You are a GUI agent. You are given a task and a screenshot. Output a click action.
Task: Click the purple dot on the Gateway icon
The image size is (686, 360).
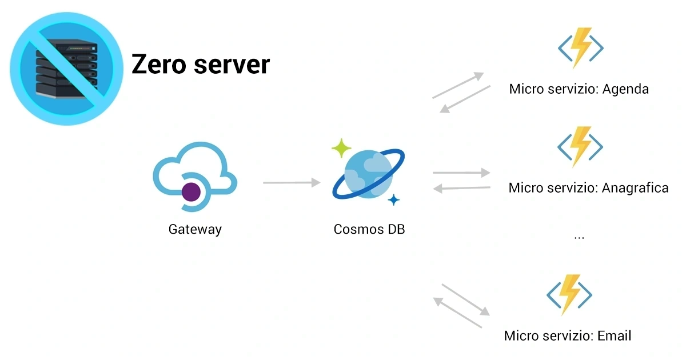(191, 192)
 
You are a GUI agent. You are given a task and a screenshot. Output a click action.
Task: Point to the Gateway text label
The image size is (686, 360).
(195, 230)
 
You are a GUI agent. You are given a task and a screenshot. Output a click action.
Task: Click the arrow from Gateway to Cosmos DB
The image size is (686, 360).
(292, 183)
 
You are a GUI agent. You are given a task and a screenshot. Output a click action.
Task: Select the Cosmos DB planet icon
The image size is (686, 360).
(369, 174)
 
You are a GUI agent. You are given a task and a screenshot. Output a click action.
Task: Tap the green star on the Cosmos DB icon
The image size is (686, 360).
(341, 148)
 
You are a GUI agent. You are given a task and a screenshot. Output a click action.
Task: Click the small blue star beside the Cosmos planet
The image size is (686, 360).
(393, 200)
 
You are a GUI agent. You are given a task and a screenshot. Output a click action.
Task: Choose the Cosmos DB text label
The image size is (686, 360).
(369, 230)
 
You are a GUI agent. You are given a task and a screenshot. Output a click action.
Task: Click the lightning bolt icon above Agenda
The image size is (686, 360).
(580, 48)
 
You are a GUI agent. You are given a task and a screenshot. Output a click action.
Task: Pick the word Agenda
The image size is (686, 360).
(625, 89)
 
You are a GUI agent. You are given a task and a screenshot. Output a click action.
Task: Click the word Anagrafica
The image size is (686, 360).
(635, 188)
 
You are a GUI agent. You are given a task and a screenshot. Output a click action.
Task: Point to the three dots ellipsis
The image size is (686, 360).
(579, 236)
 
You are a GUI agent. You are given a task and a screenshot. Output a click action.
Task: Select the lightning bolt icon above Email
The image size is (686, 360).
(569, 295)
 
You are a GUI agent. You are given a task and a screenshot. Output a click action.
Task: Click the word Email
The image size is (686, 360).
(615, 336)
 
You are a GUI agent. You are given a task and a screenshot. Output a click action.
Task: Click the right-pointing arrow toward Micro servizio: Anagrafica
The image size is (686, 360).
(462, 172)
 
